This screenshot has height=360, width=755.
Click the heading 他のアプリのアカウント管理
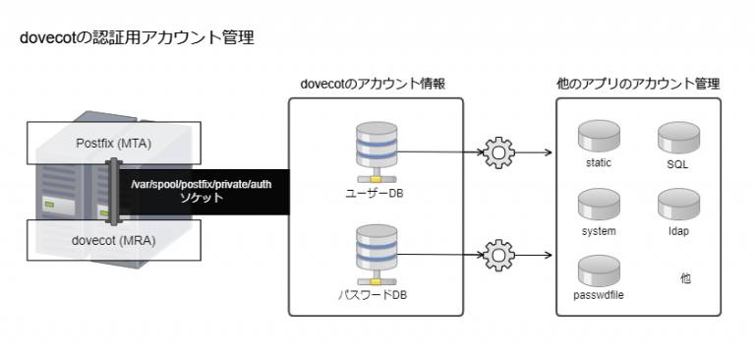tap(638, 84)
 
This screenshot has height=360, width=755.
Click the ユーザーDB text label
tap(376, 194)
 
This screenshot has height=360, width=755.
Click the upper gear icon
tap(499, 152)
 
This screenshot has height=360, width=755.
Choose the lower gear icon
tap(499, 256)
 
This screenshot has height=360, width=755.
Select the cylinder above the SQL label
tap(677, 135)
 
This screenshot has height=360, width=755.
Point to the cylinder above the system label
tap(598, 204)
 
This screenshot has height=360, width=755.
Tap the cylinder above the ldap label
tap(677, 204)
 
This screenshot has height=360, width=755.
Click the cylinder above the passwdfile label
tap(598, 268)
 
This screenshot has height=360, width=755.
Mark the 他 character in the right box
tap(685, 278)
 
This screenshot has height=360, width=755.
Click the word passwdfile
tap(598, 294)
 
